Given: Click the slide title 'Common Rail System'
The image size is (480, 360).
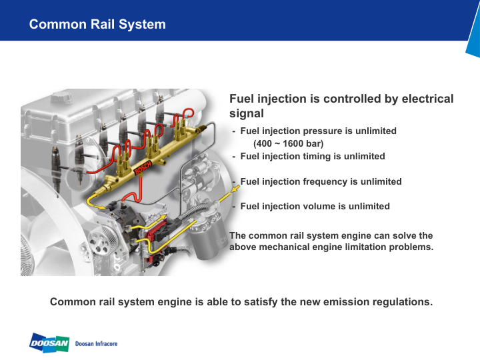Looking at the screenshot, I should tap(97, 25).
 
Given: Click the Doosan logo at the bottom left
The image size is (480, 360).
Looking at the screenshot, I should tap(49, 343).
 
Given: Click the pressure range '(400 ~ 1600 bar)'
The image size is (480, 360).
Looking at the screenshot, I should tap(288, 143).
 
